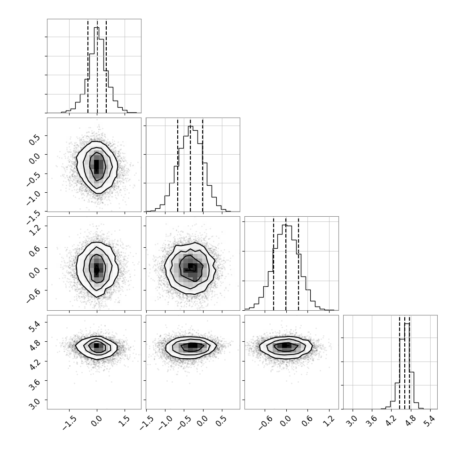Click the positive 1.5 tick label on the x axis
[x=124, y=421]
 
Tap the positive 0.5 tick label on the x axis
[x=221, y=421]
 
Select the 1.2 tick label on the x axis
[x=329, y=421]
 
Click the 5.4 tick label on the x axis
[x=430, y=421]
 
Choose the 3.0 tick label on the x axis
[x=352, y=421]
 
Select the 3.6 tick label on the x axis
[x=371, y=421]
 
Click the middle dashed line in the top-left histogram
[x=97, y=66]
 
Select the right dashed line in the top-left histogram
[x=106, y=66]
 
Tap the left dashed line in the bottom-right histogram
[x=400, y=362]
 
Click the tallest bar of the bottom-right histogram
[x=407, y=366]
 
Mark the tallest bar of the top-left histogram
[x=96, y=70]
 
